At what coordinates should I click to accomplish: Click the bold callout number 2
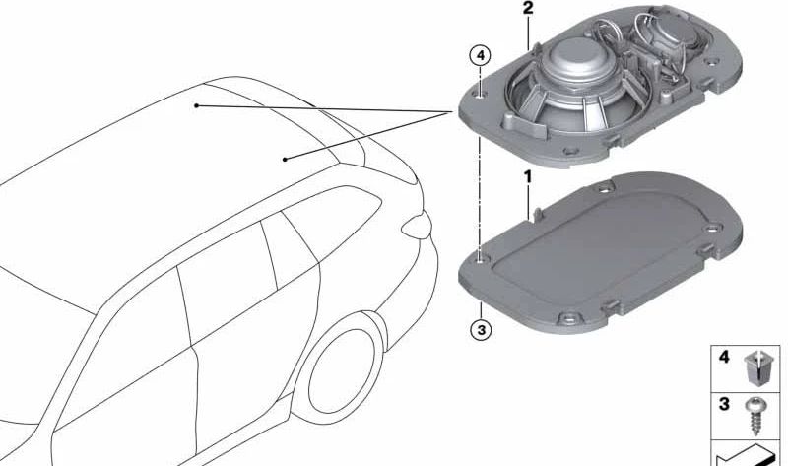[x=528, y=9]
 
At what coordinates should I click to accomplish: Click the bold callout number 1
[x=528, y=177]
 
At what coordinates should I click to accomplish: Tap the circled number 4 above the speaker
[x=479, y=55]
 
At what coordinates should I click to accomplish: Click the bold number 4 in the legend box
[x=724, y=358]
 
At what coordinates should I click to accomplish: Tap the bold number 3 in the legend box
[x=724, y=405]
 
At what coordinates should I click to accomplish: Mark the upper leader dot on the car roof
[x=197, y=104]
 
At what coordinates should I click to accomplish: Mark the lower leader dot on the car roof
[x=285, y=158]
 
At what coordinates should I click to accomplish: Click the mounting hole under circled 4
[x=480, y=95]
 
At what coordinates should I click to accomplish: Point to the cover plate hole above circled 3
[x=480, y=259]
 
